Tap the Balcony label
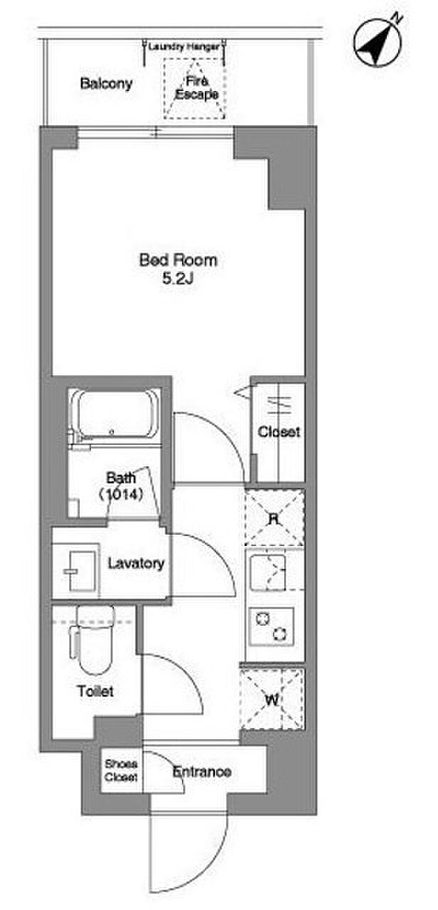106,84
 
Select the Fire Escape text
196,87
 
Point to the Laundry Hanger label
183,47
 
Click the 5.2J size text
178,278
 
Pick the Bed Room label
178,260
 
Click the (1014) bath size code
121,494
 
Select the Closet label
279,432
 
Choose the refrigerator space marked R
274,518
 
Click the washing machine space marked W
272,700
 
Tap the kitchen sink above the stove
268,573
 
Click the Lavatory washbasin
82,571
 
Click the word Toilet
95,691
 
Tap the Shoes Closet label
121,770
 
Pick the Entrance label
202,771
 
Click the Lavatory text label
136,564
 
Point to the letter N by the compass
396,18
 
